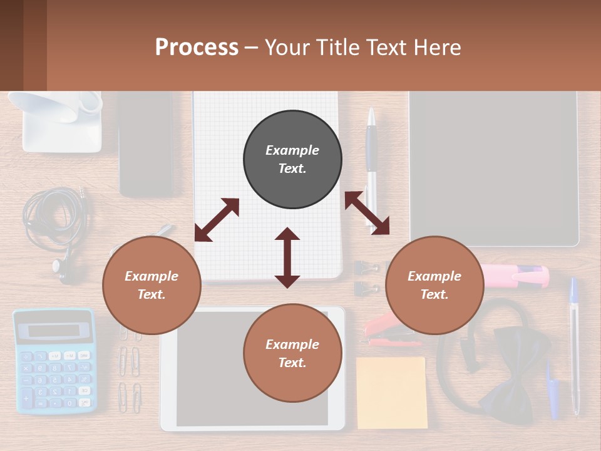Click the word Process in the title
197,48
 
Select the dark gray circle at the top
292,159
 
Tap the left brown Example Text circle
152,285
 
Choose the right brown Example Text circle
434,285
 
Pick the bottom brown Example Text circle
292,353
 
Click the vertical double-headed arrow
287,257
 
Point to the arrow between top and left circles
217,220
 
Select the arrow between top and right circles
367,213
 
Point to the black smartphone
145,144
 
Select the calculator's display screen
53,331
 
